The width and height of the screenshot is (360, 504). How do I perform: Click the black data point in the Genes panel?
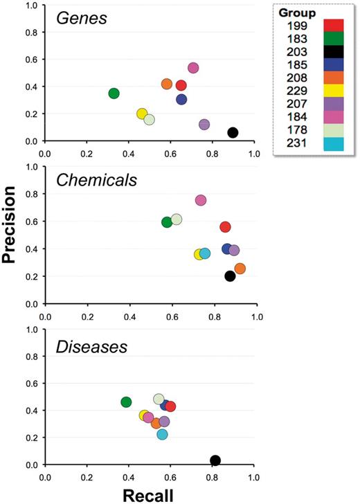click(x=233, y=132)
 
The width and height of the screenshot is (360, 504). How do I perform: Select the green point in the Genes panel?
click(x=114, y=93)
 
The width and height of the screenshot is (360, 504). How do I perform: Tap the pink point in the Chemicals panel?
click(x=201, y=200)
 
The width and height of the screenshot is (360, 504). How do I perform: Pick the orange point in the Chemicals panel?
click(x=240, y=269)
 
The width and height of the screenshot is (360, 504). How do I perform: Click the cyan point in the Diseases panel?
click(x=162, y=435)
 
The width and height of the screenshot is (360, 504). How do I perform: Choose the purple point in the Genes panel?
click(x=204, y=125)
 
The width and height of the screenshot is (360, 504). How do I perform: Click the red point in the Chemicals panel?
click(x=225, y=227)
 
